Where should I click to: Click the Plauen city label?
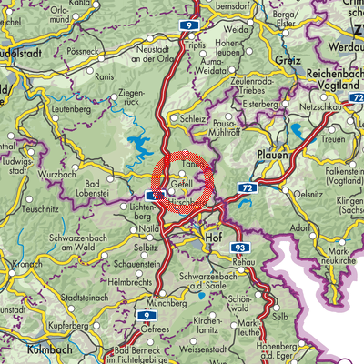click(272, 156)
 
